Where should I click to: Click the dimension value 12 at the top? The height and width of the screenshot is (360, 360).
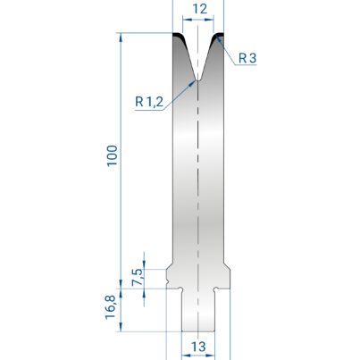point(199,9)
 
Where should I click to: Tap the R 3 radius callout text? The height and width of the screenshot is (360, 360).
point(247,58)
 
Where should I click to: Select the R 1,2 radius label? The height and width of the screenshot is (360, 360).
point(149,102)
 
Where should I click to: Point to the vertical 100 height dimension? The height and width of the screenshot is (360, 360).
point(113,155)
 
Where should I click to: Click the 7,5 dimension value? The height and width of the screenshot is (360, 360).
point(138,277)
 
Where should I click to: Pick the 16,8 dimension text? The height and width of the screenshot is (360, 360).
point(110,307)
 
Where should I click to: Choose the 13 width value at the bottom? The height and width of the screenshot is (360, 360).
point(198,347)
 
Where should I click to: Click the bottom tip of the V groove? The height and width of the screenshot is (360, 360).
point(197,80)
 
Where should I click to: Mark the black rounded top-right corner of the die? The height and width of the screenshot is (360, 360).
point(217,38)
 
